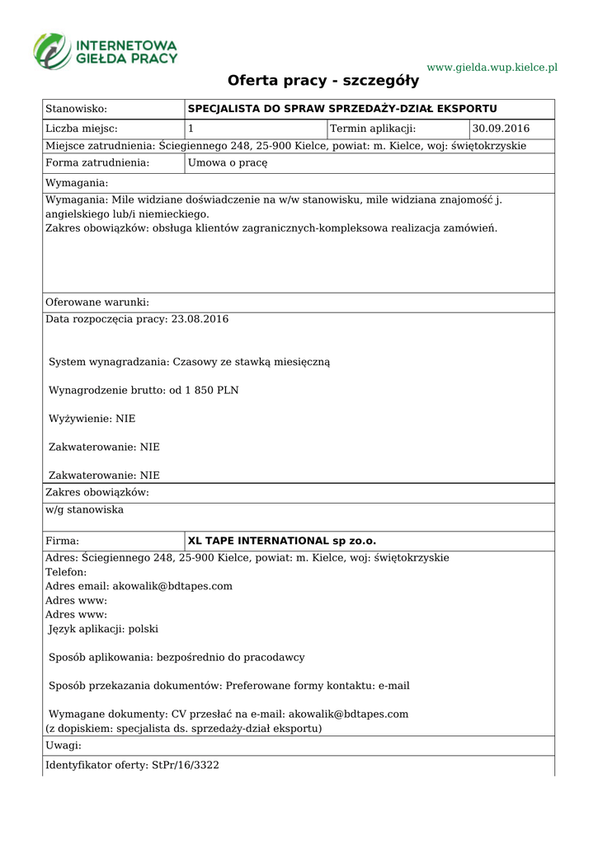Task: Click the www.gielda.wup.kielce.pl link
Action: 492,67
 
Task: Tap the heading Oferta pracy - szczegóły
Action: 323,81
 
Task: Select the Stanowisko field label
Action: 77,109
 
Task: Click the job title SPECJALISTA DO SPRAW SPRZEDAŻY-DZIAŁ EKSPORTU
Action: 342,109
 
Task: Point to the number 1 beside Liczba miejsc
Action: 191,129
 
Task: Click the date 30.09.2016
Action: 501,129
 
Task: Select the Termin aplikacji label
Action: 373,129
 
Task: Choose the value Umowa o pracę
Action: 228,163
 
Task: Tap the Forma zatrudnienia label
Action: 97,163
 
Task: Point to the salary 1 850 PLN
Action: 213,390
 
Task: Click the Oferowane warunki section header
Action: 97,302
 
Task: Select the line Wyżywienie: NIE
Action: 92,419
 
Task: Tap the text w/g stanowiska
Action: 84,509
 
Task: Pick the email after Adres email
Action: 172,586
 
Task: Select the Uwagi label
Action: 64,745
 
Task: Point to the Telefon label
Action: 65,572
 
